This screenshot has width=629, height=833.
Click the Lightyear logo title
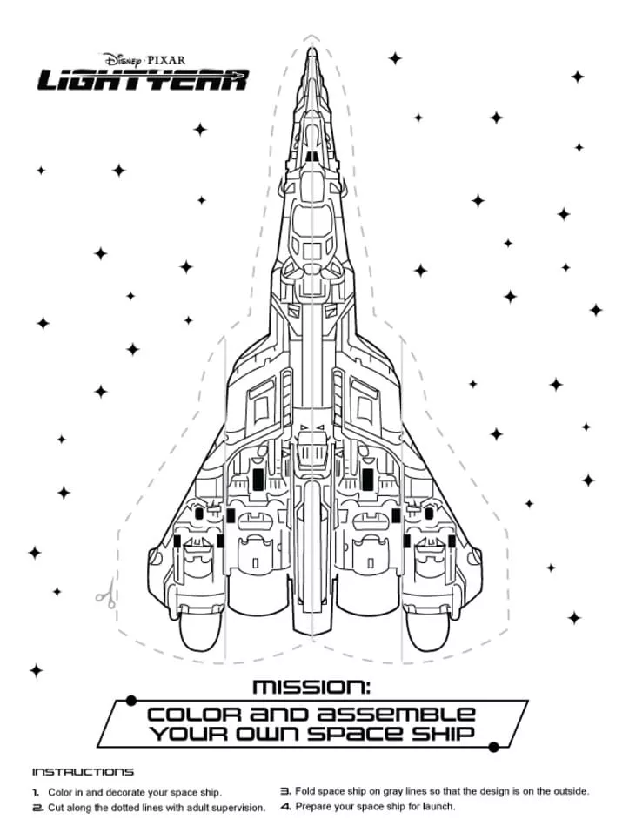click(x=143, y=80)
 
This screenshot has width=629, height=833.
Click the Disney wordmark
click(x=126, y=59)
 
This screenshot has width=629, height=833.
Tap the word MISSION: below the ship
click(x=311, y=688)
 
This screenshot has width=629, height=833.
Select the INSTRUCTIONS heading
click(x=84, y=771)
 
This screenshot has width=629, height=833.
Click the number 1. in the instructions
click(x=37, y=793)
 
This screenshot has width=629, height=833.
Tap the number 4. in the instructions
click(x=285, y=807)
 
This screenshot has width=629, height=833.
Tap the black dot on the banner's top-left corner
click(x=130, y=700)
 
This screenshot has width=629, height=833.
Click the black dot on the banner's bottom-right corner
click(x=494, y=747)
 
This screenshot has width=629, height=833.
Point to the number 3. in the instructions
click(x=285, y=792)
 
